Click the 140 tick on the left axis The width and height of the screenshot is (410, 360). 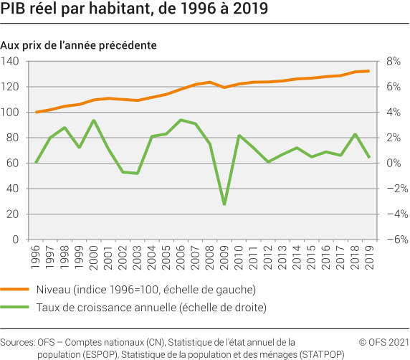(12, 62)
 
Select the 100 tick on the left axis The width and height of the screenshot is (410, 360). (12, 113)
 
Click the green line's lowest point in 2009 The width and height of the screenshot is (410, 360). (224, 204)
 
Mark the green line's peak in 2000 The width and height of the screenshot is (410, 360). (94, 120)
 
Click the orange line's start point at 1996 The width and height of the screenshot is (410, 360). (36, 112)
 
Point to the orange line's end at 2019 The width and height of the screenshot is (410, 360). (369, 71)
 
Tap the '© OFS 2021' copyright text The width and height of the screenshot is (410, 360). (383, 343)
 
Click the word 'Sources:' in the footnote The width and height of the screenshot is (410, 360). (18, 343)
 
